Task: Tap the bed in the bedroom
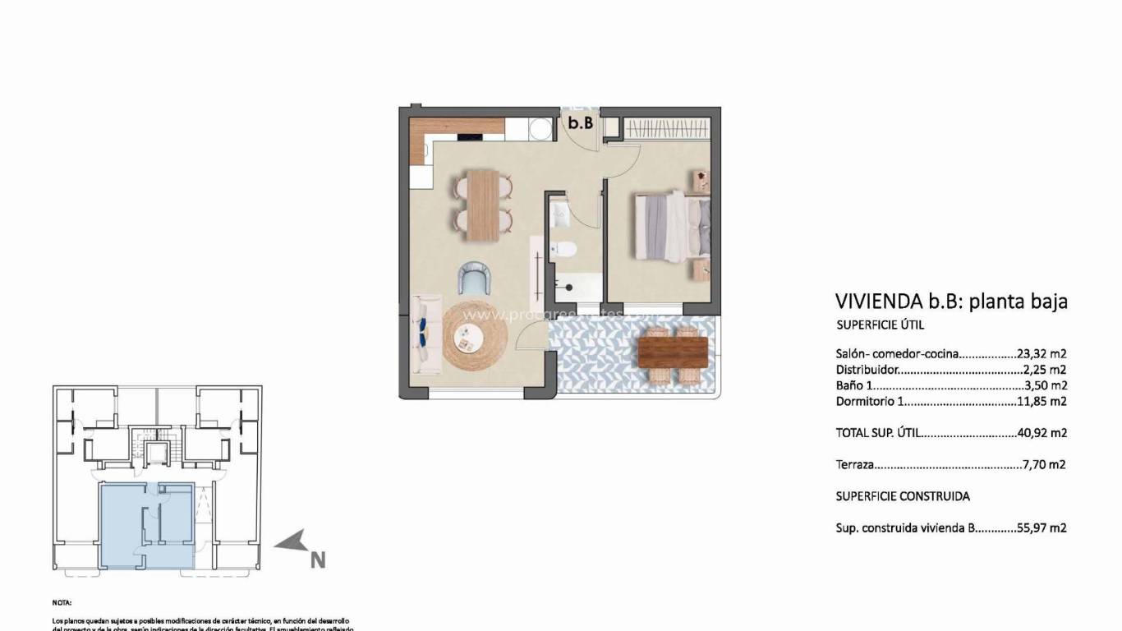670,225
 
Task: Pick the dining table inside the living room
482,205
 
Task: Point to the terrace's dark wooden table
673,352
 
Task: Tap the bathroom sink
561,214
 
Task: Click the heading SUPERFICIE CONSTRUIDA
902,496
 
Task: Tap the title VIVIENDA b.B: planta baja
951,301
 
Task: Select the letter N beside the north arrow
318,560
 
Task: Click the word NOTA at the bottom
62,602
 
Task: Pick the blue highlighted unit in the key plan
145,526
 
